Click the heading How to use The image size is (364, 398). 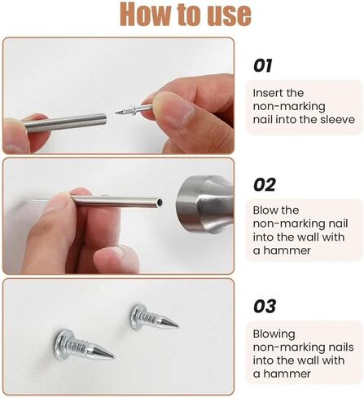(182, 15)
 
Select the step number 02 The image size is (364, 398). (265, 185)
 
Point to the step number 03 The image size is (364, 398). (265, 307)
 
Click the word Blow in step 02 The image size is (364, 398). (266, 210)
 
